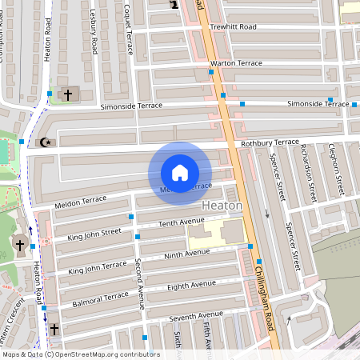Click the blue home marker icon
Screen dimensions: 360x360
180,173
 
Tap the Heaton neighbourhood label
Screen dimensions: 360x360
223,205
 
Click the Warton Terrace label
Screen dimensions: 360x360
236,62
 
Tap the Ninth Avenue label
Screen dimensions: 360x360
186,254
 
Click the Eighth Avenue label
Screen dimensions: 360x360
192,285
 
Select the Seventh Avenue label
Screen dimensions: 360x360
198,314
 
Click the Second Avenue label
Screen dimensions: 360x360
139,284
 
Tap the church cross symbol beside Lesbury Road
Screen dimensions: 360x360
68,95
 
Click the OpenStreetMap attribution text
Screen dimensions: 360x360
81,354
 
